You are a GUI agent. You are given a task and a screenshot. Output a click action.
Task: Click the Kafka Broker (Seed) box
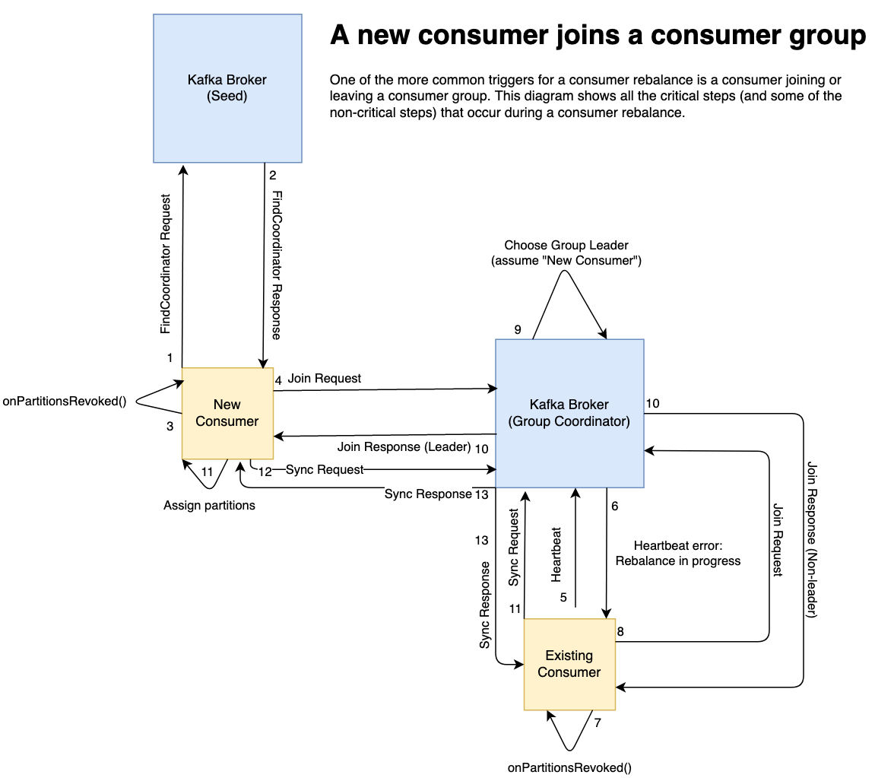(x=227, y=87)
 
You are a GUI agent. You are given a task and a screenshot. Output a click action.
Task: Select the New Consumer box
(x=227, y=413)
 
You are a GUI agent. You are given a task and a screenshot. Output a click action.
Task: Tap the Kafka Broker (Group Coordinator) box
(x=569, y=413)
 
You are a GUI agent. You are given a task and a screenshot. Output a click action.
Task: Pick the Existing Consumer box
(x=569, y=663)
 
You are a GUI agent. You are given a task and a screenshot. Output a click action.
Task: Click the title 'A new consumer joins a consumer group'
(x=598, y=36)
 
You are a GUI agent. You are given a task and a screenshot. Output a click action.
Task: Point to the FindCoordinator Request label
(x=166, y=265)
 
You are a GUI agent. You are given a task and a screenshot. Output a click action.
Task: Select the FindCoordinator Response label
(x=276, y=265)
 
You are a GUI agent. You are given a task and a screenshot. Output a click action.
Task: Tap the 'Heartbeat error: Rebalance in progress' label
(x=677, y=554)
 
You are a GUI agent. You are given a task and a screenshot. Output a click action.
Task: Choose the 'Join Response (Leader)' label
(x=404, y=446)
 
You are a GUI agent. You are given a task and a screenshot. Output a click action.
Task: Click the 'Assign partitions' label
(x=209, y=505)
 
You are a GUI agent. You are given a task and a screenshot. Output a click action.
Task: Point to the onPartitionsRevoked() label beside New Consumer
(x=65, y=402)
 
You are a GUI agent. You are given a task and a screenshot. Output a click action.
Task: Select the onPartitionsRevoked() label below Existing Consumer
(x=569, y=767)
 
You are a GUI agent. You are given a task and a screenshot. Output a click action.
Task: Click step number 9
(x=518, y=329)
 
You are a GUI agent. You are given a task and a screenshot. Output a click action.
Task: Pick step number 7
(x=598, y=723)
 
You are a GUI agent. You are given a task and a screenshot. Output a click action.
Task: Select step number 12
(x=265, y=471)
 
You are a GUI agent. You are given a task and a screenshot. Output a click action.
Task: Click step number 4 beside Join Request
(x=278, y=379)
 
